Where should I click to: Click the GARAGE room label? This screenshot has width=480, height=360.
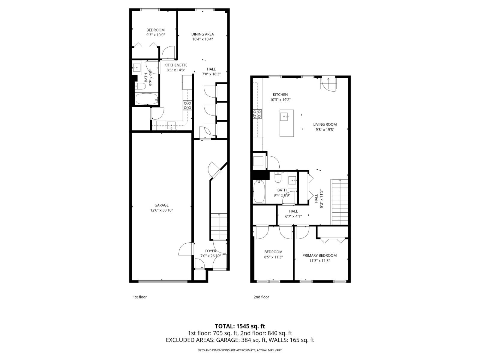(x=161, y=205)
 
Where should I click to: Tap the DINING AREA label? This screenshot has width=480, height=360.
(x=202, y=34)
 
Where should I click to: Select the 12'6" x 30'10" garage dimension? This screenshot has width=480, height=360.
(x=161, y=210)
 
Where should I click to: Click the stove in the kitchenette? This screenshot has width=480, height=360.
(x=188, y=105)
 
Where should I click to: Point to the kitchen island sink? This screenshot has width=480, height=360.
(x=284, y=116)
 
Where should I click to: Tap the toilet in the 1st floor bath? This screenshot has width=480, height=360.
(x=140, y=87)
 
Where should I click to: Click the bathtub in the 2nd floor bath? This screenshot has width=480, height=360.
(x=259, y=191)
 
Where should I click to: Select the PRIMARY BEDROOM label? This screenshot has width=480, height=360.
(x=319, y=256)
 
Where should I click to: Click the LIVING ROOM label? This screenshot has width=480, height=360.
(x=325, y=124)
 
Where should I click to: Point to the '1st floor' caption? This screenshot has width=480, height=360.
(x=140, y=297)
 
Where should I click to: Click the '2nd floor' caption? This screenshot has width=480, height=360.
(x=261, y=297)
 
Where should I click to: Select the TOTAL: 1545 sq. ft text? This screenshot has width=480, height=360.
(x=240, y=326)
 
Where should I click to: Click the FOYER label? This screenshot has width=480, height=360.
(x=211, y=251)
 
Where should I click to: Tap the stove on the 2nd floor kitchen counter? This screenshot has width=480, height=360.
(x=257, y=114)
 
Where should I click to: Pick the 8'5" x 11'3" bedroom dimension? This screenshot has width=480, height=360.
(x=273, y=257)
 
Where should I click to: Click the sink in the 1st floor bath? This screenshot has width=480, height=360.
(x=137, y=69)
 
